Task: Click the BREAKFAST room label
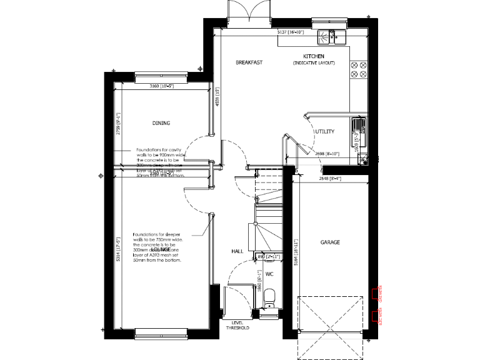tap(248, 62)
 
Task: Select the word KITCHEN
tap(314, 56)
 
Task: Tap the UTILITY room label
tap(325, 132)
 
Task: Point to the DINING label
tap(161, 123)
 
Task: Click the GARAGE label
tap(330, 242)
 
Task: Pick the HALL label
tap(237, 251)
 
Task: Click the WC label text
tap(270, 274)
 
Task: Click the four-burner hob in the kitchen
tap(359, 69)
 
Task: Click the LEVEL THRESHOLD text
tap(237, 325)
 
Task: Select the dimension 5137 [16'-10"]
tap(291, 31)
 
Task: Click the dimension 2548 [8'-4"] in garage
tap(330, 179)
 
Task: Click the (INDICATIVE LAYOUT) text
tap(314, 63)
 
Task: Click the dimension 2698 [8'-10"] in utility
tap(328, 153)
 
